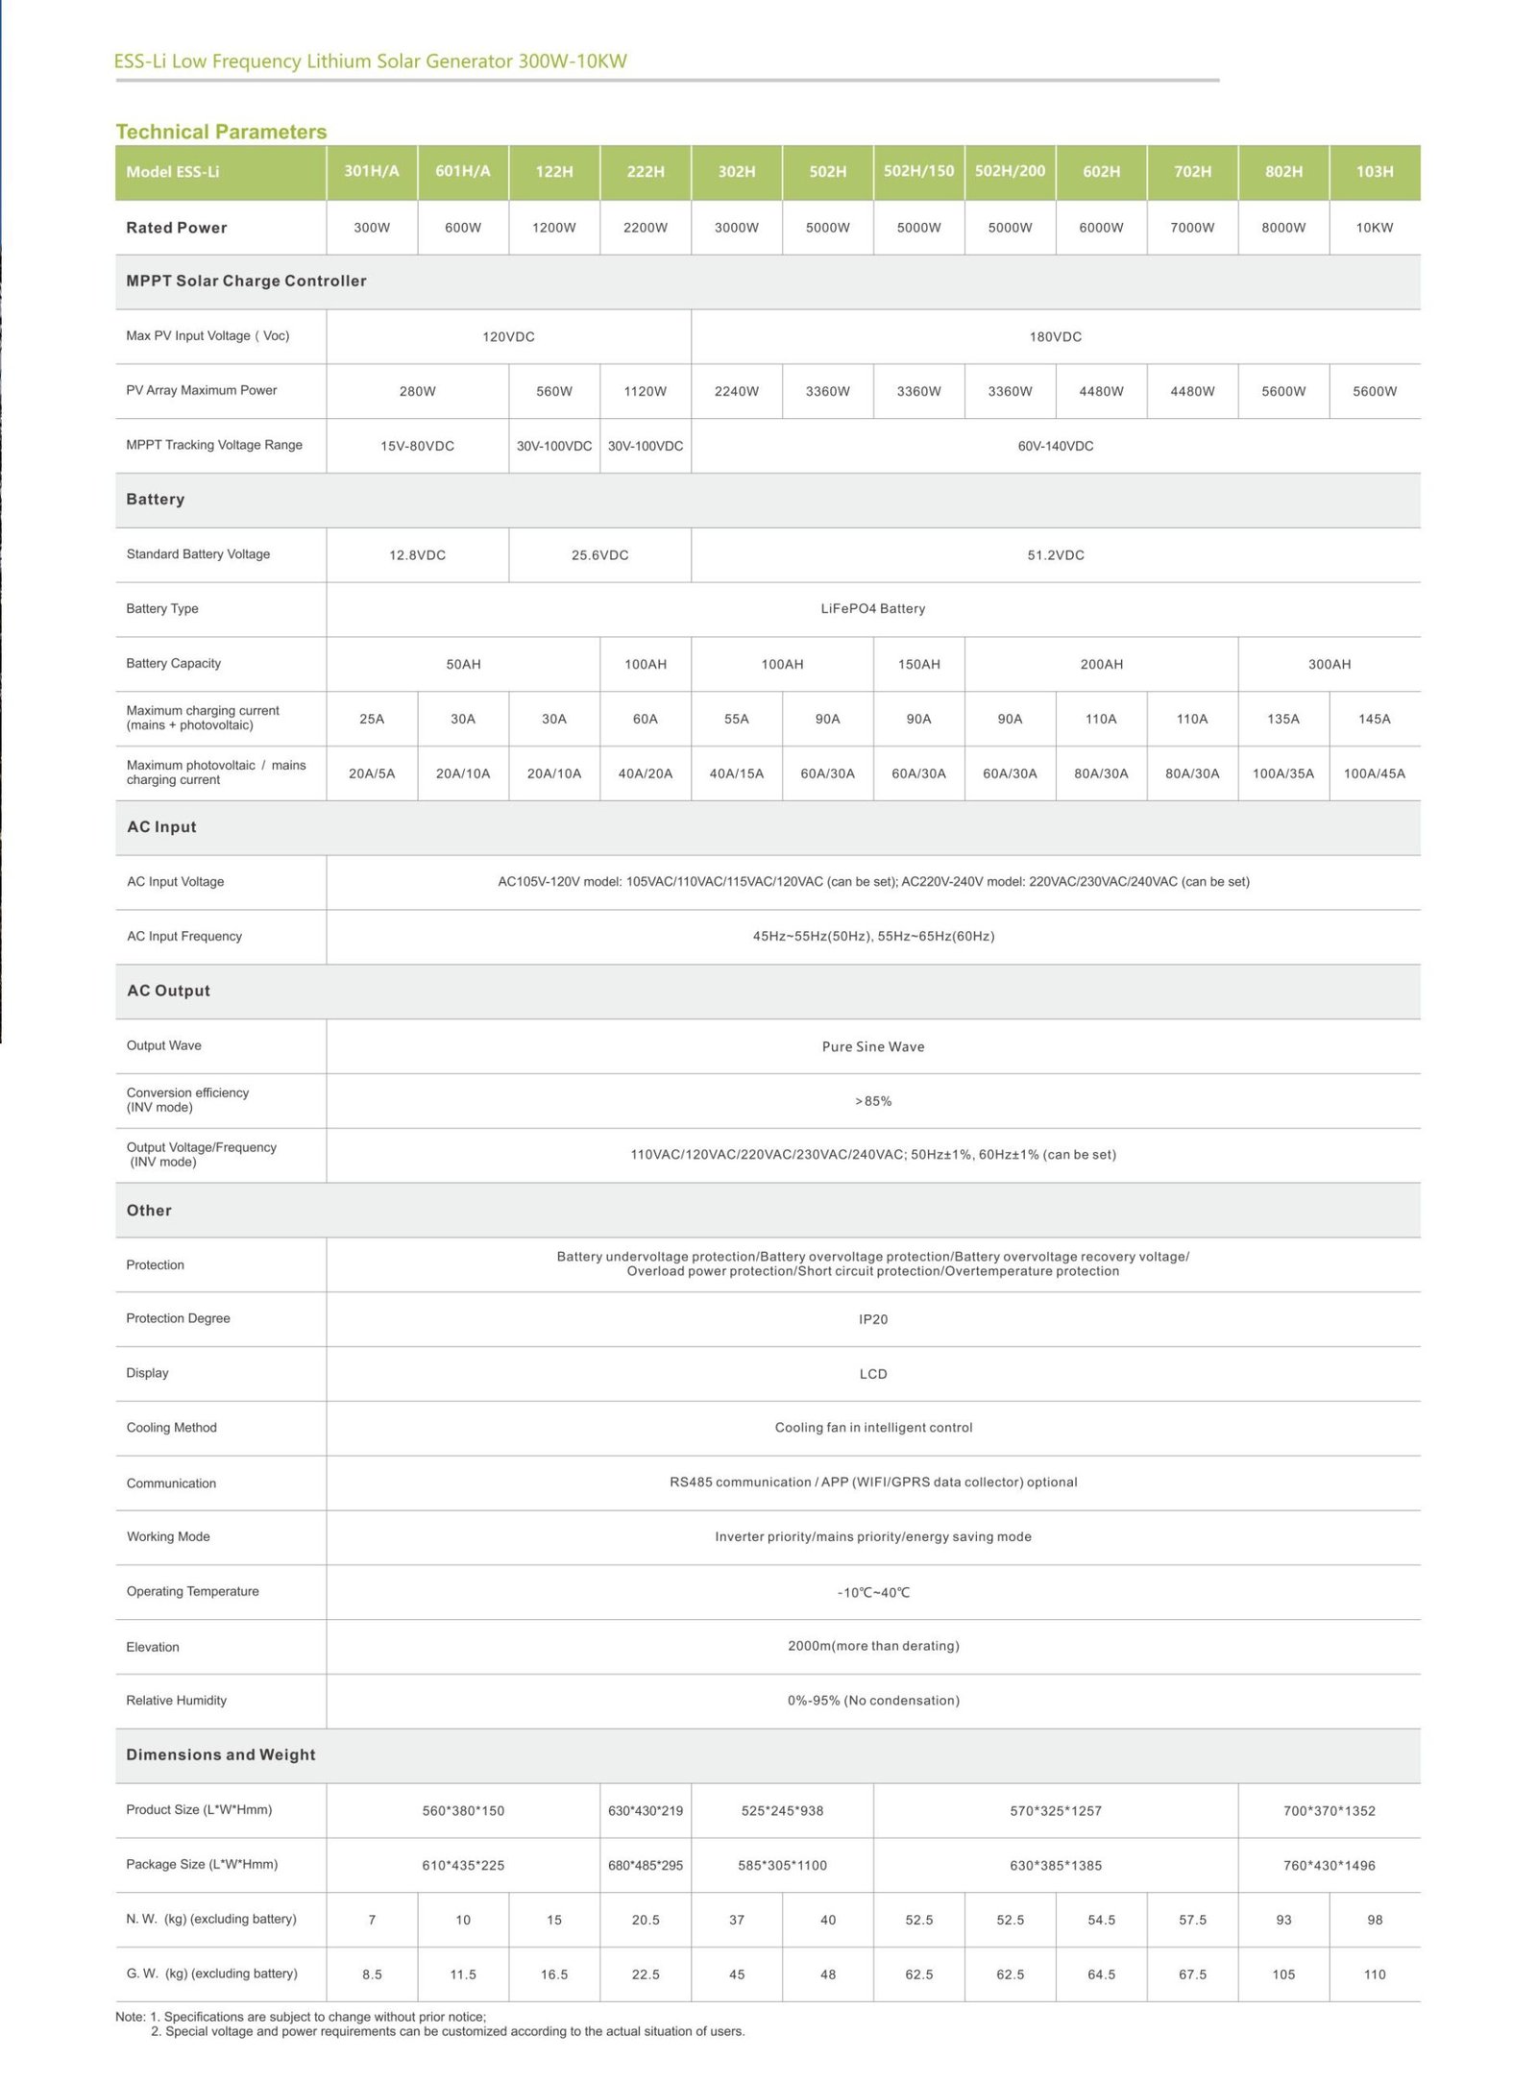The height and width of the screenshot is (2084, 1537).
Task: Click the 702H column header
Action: coord(1191,172)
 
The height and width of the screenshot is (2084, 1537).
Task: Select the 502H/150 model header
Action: coord(918,171)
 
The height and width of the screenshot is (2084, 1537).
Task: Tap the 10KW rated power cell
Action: coord(1374,228)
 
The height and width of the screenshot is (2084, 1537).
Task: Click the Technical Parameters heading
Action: coord(221,132)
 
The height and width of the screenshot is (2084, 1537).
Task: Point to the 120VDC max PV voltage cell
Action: coord(508,337)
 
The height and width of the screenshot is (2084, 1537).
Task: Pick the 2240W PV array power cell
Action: coord(736,391)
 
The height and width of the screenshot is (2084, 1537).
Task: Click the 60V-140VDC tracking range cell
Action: coord(1055,446)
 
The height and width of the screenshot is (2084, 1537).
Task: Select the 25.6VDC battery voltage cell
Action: coord(599,555)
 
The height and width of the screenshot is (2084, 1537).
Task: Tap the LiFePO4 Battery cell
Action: coord(872,609)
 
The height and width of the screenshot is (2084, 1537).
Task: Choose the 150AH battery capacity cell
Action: coord(918,664)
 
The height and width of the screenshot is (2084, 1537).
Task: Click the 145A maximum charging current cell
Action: coord(1374,719)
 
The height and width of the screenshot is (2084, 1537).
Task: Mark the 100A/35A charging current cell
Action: coord(1282,773)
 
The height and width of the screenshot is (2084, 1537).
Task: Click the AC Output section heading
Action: coord(168,991)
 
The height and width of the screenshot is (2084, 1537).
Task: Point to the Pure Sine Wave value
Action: coord(872,1046)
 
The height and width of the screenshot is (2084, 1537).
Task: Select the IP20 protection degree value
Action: coord(872,1319)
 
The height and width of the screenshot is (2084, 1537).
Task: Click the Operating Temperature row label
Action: coord(192,1591)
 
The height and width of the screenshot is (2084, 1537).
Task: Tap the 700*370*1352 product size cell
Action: coord(1329,1811)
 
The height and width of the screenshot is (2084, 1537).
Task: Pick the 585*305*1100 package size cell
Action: coord(782,1865)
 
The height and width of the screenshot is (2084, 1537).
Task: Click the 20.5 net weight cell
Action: coord(645,1920)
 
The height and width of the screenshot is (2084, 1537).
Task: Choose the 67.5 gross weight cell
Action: coord(1191,1974)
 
